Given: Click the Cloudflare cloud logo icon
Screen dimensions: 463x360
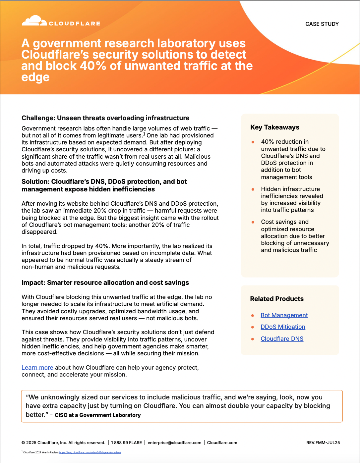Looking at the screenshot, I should click(34, 21).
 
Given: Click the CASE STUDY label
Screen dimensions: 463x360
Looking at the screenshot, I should click(322, 24).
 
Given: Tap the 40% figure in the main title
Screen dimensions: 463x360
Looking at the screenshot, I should click(93, 66).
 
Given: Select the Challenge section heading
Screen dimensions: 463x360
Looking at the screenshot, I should click(105, 118).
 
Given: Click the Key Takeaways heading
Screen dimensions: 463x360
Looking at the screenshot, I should click(275, 128).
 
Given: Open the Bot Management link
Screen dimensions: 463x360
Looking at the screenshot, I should click(284, 315).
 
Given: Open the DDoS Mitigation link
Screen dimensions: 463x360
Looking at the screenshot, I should click(283, 327).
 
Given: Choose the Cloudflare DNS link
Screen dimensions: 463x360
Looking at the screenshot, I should click(282, 339).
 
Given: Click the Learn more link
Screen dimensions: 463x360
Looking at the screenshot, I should click(37, 368).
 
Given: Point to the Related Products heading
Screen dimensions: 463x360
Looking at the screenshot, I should click(277, 299).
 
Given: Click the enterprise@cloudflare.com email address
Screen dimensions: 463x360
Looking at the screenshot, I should click(174, 443).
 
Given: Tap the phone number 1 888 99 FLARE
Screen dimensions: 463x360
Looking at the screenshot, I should click(126, 443).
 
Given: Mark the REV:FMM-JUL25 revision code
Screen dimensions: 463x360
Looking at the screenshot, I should click(323, 443).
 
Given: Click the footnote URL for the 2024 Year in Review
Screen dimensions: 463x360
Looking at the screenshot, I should click(90, 452).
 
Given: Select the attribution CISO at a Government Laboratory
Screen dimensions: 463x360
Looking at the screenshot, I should click(98, 415).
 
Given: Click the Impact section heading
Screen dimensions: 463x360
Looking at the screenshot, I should click(105, 283).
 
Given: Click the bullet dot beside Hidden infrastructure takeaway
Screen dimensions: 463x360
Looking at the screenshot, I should click(253, 189).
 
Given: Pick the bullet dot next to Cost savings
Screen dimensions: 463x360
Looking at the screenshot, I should click(253, 222).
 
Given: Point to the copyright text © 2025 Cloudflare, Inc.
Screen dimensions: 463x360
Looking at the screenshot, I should click(63, 443).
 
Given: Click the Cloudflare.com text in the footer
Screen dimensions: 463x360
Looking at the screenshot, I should click(222, 443).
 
